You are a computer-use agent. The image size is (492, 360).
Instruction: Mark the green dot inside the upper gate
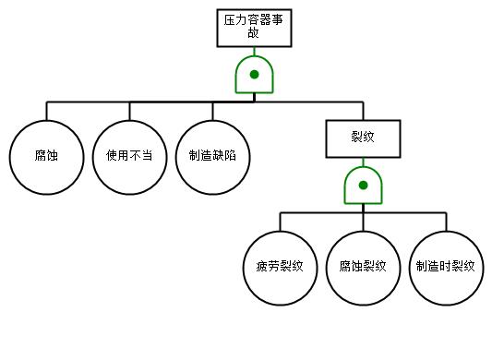click(x=254, y=75)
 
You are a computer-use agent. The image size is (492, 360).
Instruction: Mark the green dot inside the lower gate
click(x=363, y=186)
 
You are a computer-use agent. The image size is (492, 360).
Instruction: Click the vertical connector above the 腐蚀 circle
click(x=47, y=111)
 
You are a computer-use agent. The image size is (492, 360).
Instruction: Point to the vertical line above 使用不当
click(x=129, y=111)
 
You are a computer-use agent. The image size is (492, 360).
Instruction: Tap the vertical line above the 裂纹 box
click(x=363, y=111)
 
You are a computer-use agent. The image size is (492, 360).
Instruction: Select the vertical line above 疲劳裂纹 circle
click(x=281, y=222)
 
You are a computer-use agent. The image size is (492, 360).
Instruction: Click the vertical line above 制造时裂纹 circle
click(x=446, y=222)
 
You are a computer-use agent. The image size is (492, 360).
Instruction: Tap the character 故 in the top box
click(x=254, y=32)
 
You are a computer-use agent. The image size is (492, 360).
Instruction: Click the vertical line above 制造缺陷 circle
click(x=212, y=111)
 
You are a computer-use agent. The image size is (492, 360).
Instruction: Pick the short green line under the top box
click(x=254, y=52)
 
